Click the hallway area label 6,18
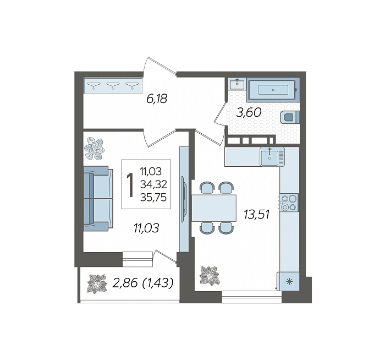point(157,99)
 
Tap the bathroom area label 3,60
point(249,112)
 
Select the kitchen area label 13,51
point(257,214)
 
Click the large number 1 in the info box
point(130,185)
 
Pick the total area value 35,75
point(153,197)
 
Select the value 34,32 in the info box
point(153,184)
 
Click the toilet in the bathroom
point(290,117)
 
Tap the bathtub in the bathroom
point(273,90)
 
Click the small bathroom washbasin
point(237,84)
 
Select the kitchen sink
point(272,156)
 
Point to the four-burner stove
point(289,203)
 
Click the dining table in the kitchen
point(213,208)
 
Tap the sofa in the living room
point(98,199)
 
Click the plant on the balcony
point(97,283)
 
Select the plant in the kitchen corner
point(210,276)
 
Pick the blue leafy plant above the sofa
point(94,149)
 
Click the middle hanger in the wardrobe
point(113,85)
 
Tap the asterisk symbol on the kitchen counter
point(290,282)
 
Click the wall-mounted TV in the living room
point(184,199)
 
